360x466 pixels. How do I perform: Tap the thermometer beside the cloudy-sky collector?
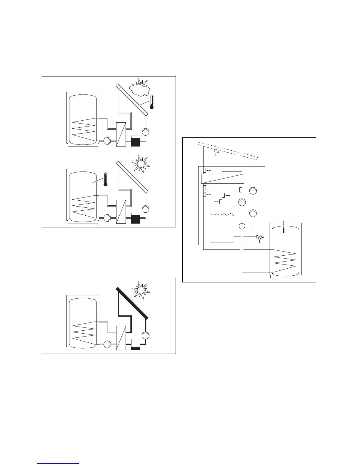click(x=151, y=102)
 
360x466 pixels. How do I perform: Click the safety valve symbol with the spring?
click(x=260, y=237)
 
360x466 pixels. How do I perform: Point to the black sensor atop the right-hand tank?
click(x=284, y=229)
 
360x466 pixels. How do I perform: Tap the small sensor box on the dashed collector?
click(x=217, y=151)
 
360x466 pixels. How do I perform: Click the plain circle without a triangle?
click(x=242, y=226)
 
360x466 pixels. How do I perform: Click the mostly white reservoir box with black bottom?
click(x=136, y=344)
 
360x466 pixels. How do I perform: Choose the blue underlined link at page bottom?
click(x=58, y=463)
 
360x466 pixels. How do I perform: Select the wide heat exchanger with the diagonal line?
click(x=222, y=179)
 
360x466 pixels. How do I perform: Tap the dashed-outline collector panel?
click(x=228, y=151)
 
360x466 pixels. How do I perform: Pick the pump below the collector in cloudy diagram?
click(x=145, y=132)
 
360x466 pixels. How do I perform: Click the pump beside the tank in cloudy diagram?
click(x=107, y=141)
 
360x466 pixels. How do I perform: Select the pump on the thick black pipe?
click(x=145, y=335)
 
